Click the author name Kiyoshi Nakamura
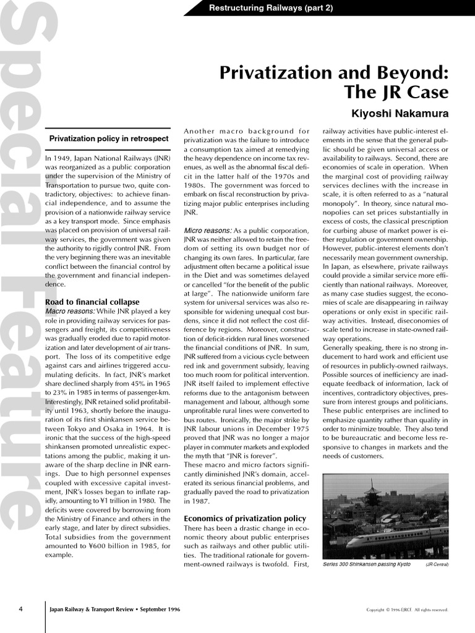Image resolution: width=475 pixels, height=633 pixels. (400, 114)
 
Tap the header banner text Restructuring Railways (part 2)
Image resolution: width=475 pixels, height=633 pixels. (271, 8)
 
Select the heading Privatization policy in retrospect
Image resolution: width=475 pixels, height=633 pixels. (109, 138)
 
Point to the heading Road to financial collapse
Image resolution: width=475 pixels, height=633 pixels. (92, 302)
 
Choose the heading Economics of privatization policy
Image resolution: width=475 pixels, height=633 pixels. (245, 518)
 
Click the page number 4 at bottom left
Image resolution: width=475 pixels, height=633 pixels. (21, 609)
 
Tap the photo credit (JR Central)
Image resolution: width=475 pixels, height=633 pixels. (437, 564)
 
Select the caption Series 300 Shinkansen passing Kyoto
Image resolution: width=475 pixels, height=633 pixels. (366, 564)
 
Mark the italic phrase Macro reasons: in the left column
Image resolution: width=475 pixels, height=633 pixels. (70, 311)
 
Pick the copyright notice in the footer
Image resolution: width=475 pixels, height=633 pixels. (407, 610)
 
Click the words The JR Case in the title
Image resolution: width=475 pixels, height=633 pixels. (396, 93)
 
